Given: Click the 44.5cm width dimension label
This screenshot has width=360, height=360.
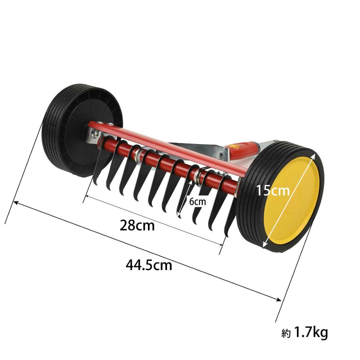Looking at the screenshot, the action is tap(149, 266).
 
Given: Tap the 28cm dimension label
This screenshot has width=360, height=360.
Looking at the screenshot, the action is tap(137, 226).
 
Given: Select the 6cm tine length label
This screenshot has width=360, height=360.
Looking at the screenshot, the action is tap(197, 202).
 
